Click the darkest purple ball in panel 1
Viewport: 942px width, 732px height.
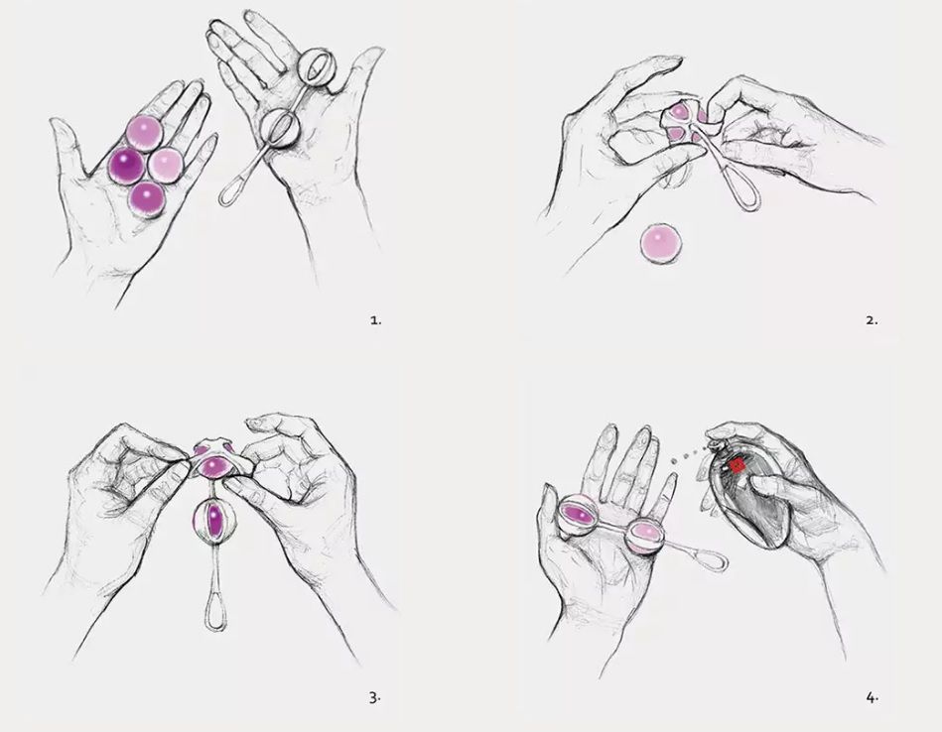coord(126,165)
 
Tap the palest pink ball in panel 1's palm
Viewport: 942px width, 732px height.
coord(165,165)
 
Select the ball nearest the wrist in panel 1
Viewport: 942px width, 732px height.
coord(147,199)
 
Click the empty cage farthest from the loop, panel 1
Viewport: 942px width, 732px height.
coord(318,67)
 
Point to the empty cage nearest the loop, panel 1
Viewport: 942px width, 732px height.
coord(281,127)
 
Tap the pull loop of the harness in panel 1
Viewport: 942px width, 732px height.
coord(230,189)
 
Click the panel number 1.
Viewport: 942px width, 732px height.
coord(375,320)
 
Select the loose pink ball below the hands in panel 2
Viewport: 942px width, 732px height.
coord(661,243)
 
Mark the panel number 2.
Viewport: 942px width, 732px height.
coord(872,320)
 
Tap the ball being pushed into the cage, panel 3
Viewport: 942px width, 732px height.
coord(212,464)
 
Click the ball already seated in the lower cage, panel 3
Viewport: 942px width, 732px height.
coord(213,520)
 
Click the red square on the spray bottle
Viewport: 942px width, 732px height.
coord(738,465)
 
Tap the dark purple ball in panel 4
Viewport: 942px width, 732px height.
coord(578,515)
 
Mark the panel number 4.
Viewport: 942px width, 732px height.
coord(873,697)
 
